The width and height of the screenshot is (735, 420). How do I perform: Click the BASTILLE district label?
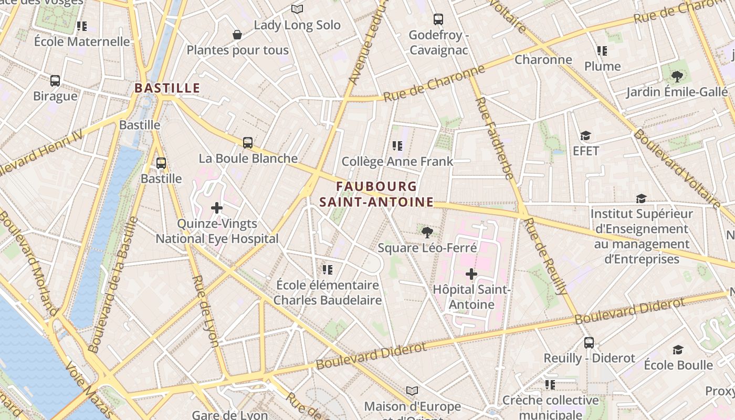pos(167,88)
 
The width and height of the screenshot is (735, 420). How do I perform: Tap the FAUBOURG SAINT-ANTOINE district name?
pos(376,194)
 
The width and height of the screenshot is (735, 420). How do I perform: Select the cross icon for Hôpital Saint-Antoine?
pos(471,274)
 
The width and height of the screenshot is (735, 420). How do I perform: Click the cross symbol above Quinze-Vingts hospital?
pos(217,208)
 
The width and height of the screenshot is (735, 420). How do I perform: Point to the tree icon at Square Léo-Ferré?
pos(427,232)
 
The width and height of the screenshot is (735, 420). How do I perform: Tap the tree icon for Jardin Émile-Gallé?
pos(677,77)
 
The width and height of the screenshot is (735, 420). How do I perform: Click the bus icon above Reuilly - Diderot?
pos(589,343)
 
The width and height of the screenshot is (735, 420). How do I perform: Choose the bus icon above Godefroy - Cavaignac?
pos(438,19)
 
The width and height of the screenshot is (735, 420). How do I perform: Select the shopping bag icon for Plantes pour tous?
pos(237,35)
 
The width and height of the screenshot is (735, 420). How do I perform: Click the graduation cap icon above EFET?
pos(586,136)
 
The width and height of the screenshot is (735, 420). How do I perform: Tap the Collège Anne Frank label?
pos(397,161)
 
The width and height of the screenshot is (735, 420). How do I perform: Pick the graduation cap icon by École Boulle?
pos(678,350)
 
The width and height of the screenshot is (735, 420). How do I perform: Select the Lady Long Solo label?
pos(297,25)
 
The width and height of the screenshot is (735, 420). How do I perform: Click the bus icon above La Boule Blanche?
pos(248,142)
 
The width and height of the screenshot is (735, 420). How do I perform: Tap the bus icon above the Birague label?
pos(55,81)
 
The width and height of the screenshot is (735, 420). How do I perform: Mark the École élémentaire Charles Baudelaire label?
pos(328,292)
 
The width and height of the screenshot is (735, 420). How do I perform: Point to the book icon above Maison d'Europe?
pos(412,391)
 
